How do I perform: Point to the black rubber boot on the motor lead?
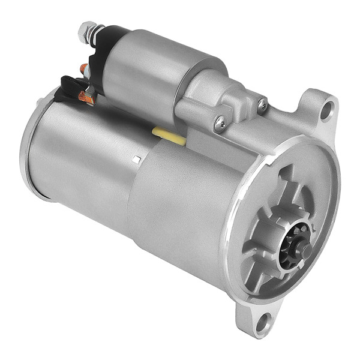tap(68, 87)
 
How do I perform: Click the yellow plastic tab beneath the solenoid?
tap(169, 135)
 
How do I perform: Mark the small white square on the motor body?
tap(137, 160)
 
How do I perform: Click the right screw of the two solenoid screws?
tap(262, 105)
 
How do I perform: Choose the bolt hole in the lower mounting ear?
tap(262, 322)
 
